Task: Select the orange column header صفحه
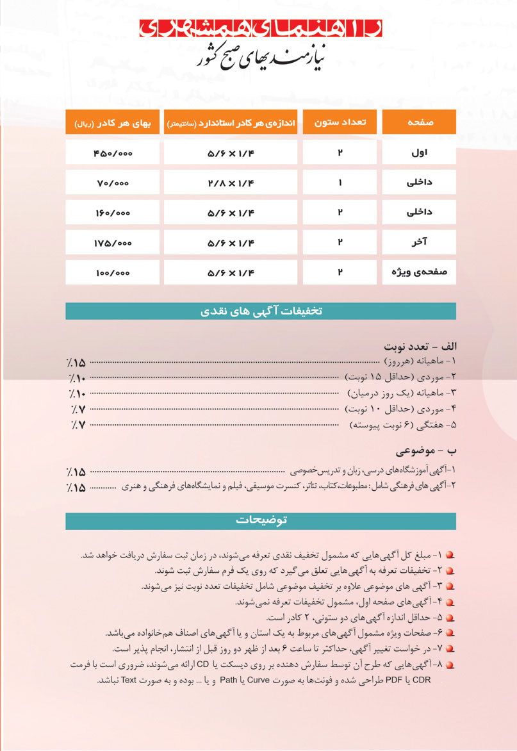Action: tap(419, 122)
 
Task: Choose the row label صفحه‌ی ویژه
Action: tap(419, 273)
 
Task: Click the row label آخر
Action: tap(419, 243)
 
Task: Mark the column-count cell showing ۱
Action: tap(340, 183)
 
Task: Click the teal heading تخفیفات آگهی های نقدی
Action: tap(261, 311)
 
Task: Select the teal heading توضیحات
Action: tap(261, 520)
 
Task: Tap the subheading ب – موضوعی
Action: tap(426, 447)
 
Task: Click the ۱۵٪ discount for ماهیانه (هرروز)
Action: tap(78, 363)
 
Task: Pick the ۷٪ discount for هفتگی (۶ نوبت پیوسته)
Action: tap(78, 425)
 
